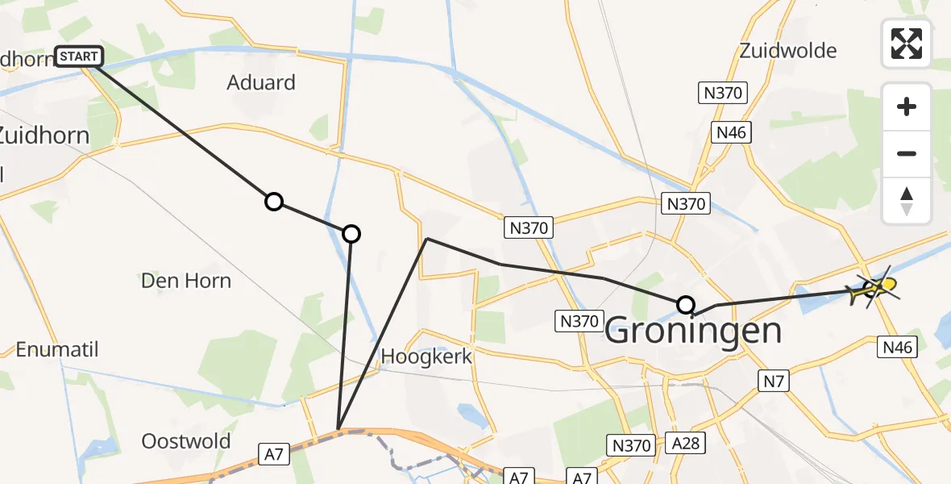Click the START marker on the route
(79, 56)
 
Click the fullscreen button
(907, 44)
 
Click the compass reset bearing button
(907, 201)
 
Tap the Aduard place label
(261, 82)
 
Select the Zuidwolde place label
(788, 51)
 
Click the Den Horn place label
(185, 281)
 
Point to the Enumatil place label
(56, 349)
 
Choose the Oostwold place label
(185, 441)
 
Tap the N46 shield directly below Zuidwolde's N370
(732, 132)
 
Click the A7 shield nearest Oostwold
(274, 455)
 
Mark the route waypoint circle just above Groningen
(685, 304)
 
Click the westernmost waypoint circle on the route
(274, 202)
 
